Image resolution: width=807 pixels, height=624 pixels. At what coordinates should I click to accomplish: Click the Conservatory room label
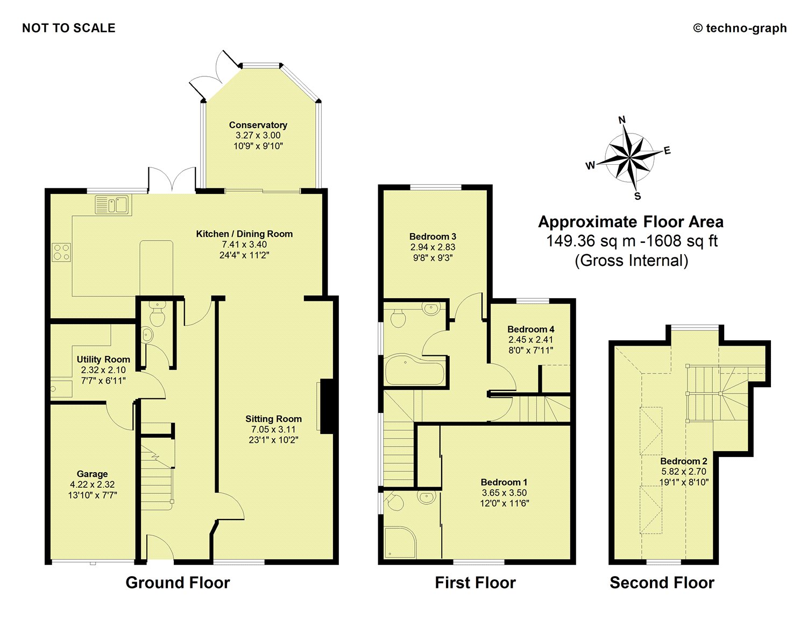[258, 125]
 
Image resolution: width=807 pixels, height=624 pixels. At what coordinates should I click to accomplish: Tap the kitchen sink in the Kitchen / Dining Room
[112, 205]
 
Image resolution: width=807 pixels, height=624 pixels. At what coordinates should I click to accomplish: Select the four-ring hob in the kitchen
[61, 252]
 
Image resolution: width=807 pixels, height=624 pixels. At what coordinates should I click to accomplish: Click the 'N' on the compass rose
[622, 120]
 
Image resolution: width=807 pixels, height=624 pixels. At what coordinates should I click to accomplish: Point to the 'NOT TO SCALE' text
[69, 28]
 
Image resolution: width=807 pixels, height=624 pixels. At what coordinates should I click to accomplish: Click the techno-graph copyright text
[740, 28]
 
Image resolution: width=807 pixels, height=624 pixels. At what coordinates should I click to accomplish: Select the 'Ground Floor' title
[178, 583]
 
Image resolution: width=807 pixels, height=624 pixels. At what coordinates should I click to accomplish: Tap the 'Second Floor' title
[662, 583]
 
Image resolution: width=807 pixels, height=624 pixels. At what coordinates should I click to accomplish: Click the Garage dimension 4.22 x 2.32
[92, 485]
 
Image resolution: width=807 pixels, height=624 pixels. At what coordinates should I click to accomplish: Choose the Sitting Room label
[273, 419]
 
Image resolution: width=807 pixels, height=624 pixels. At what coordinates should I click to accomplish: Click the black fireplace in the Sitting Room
[328, 405]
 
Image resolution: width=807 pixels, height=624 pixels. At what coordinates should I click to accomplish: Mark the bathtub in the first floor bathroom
[414, 370]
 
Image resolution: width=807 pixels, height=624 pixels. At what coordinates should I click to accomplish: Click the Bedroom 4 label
[530, 329]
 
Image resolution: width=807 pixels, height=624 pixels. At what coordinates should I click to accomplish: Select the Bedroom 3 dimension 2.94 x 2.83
[433, 247]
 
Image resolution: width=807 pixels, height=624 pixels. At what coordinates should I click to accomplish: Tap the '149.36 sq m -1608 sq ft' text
[632, 241]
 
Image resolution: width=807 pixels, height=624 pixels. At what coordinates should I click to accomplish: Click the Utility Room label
[103, 359]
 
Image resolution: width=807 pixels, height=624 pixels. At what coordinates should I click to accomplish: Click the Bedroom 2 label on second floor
[683, 461]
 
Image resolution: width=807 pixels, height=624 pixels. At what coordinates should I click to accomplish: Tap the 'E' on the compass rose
[667, 151]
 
